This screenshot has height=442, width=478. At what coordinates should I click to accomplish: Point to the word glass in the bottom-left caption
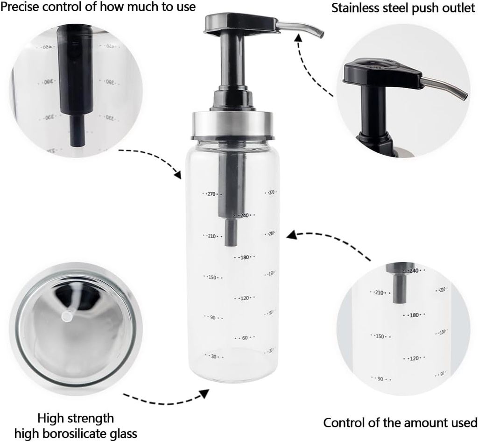coord(125,434)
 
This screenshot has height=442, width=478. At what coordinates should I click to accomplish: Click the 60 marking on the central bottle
coord(244,338)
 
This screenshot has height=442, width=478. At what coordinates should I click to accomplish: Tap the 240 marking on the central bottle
coord(244,215)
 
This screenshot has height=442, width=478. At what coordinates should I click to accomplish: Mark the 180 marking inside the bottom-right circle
coord(414,315)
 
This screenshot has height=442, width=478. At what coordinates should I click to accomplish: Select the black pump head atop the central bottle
coord(240,25)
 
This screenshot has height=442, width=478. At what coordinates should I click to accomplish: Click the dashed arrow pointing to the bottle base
coord(166,399)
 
